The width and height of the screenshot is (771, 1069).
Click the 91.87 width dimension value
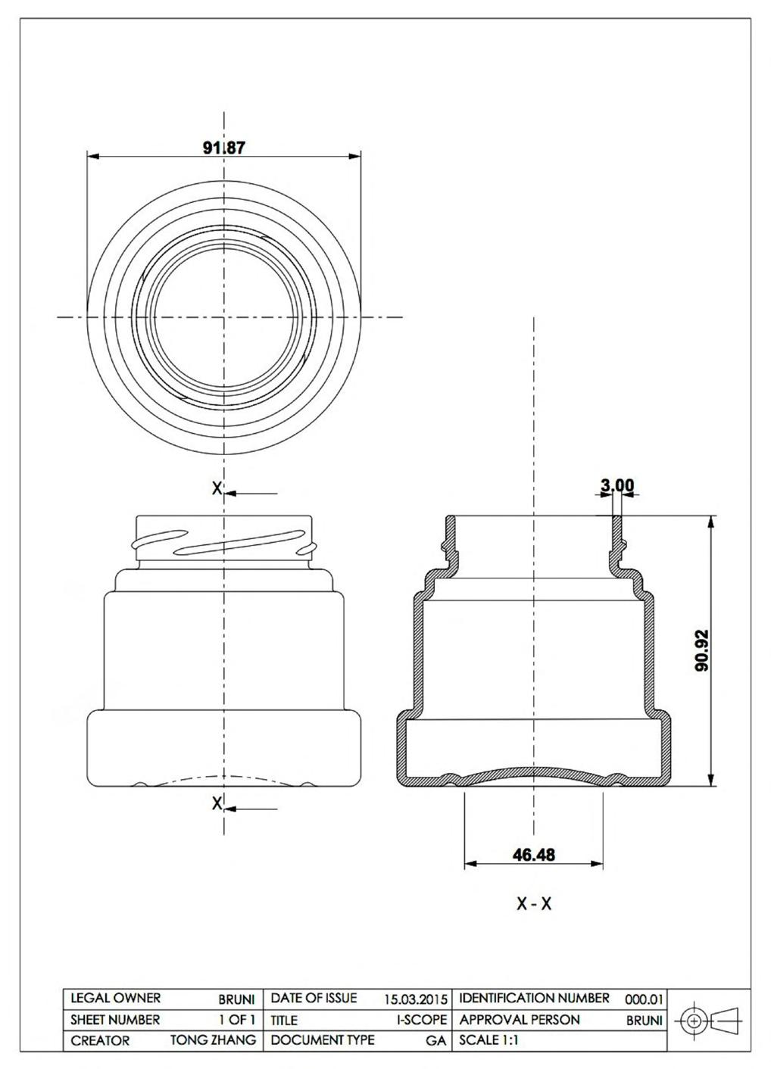tap(224, 148)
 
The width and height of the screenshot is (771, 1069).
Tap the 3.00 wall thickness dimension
tap(616, 485)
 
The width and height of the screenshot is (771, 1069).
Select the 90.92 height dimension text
tap(702, 650)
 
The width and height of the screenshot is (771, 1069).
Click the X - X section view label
tap(534, 903)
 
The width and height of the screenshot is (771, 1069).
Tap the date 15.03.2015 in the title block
tap(416, 999)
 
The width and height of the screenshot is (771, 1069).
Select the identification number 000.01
tap(644, 999)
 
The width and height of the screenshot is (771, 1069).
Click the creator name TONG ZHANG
tap(214, 1040)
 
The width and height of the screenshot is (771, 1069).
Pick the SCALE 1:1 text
tap(489, 1040)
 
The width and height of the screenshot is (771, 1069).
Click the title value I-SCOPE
tap(422, 1020)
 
